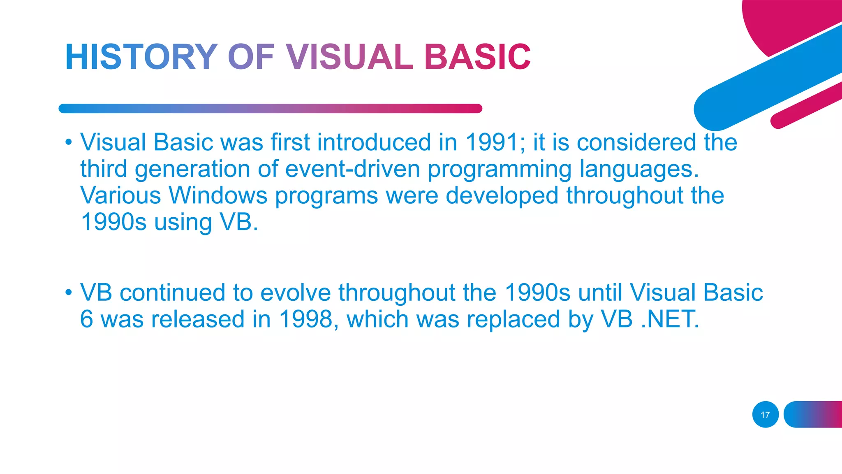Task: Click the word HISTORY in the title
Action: [x=141, y=57]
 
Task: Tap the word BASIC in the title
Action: [x=477, y=57]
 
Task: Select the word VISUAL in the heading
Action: [x=349, y=57]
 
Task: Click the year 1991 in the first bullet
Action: [x=492, y=142]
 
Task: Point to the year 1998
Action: [x=305, y=319]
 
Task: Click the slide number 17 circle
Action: [x=765, y=415]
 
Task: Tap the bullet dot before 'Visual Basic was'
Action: [x=68, y=143]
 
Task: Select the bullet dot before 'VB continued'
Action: [x=68, y=293]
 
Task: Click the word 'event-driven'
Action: [x=352, y=169]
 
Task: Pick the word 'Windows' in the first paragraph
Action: [x=218, y=195]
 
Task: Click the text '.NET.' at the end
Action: [x=670, y=319]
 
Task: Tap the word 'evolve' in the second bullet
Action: [x=295, y=293]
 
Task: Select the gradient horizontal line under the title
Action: [x=270, y=109]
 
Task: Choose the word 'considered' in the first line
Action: [x=636, y=142]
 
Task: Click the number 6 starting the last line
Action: [x=86, y=319]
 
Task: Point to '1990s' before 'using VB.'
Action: [x=113, y=222]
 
